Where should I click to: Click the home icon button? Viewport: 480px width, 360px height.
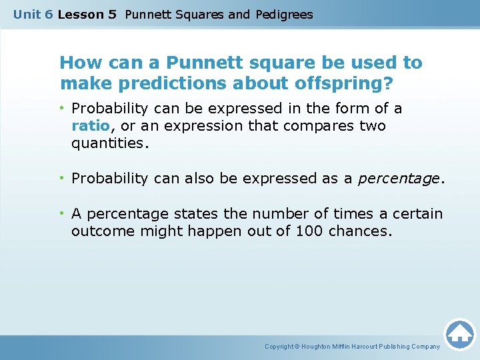click(x=459, y=334)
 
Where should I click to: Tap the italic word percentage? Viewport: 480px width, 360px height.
click(x=399, y=179)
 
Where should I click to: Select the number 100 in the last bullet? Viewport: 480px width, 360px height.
click(x=313, y=231)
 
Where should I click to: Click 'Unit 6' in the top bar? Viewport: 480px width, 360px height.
click(x=33, y=14)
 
